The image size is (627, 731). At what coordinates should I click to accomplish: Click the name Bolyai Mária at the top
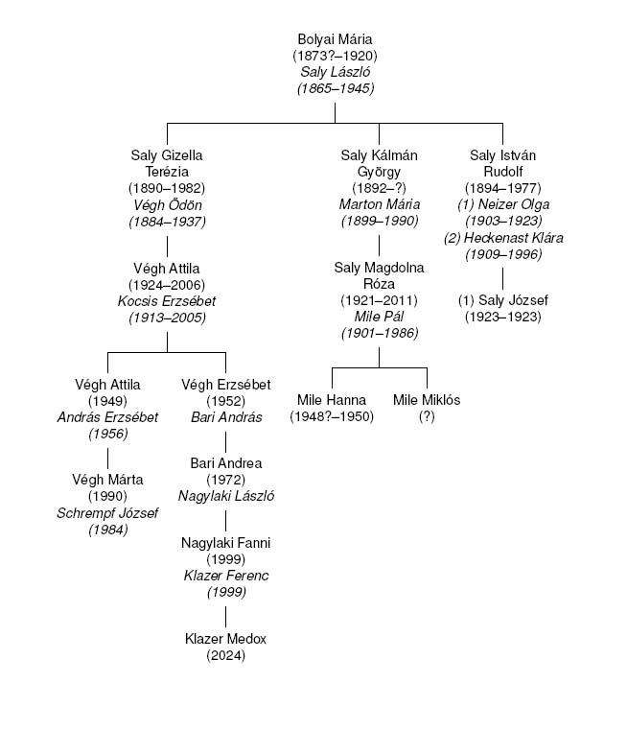pyautogui.click(x=335, y=40)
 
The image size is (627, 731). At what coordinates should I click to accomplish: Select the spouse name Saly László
pyautogui.click(x=335, y=72)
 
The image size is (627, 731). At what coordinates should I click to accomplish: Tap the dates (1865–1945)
pyautogui.click(x=335, y=88)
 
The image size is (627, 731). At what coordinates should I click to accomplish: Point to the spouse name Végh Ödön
pyautogui.click(x=167, y=204)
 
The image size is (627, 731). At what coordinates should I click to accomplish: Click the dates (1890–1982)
pyautogui.click(x=167, y=188)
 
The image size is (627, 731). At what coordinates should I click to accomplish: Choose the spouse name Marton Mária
pyautogui.click(x=379, y=204)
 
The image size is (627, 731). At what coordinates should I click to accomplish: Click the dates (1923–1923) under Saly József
pyautogui.click(x=503, y=317)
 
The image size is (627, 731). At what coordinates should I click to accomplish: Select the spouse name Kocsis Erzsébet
pyautogui.click(x=167, y=300)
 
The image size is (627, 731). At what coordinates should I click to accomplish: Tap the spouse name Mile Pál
pyautogui.click(x=379, y=317)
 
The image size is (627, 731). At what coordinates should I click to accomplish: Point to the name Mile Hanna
pyautogui.click(x=333, y=400)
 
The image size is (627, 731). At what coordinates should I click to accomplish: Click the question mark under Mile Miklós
pyautogui.click(x=426, y=416)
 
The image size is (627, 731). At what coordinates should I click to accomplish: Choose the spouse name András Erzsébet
pyautogui.click(x=107, y=416)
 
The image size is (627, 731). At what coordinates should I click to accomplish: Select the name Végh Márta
pyautogui.click(x=107, y=480)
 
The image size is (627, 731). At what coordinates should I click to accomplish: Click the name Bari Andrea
pyautogui.click(x=225, y=463)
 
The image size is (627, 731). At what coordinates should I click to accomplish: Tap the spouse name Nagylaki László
pyautogui.click(x=225, y=496)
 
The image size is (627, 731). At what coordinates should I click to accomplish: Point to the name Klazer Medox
pyautogui.click(x=225, y=639)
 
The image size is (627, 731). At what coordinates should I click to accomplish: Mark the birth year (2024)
pyautogui.click(x=225, y=655)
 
